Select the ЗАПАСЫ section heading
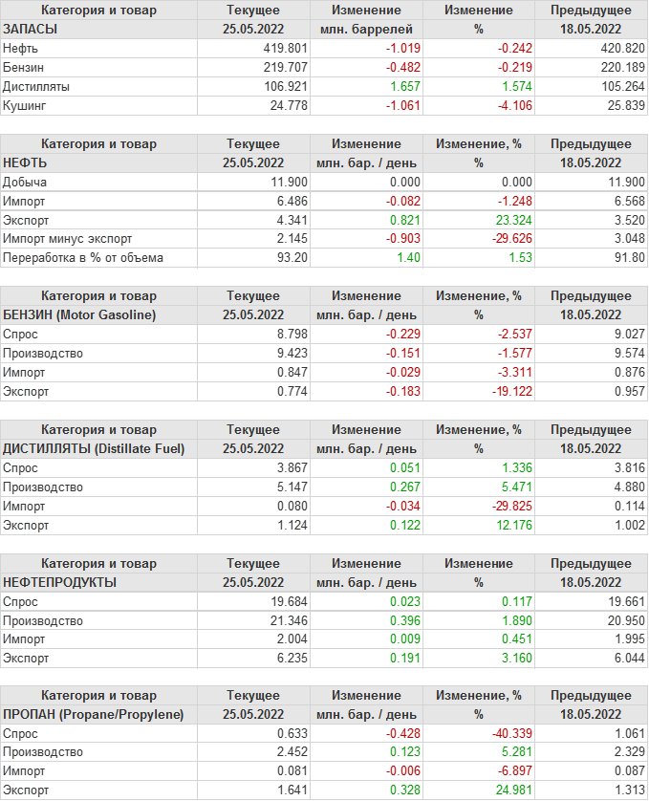pos(31,29)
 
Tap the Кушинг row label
pos(25,105)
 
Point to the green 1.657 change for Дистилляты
pos(401,86)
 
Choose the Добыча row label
pos(25,182)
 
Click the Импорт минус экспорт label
pos(68,239)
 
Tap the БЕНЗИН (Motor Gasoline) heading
pos(79,314)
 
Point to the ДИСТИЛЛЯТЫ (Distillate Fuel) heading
pos(95,448)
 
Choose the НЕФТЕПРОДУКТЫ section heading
pos(60,581)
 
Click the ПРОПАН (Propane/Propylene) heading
pos(94,714)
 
